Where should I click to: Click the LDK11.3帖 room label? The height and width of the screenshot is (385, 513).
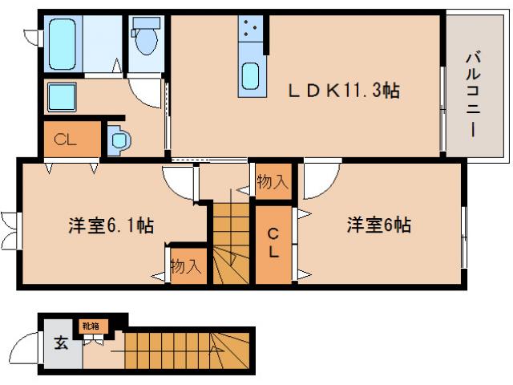click(x=344, y=91)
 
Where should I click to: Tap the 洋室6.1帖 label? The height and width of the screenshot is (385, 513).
click(x=110, y=226)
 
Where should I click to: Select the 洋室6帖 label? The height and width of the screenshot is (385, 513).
click(x=378, y=225)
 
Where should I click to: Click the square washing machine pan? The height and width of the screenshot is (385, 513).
click(x=61, y=97)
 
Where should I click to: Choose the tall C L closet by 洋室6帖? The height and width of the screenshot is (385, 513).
click(x=273, y=243)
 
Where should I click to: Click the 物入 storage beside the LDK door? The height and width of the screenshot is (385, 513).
click(x=273, y=182)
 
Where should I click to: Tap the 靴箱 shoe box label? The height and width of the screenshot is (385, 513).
click(x=90, y=326)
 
